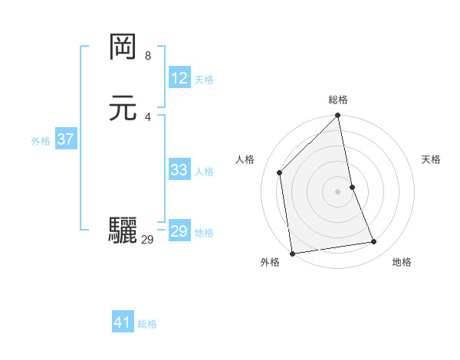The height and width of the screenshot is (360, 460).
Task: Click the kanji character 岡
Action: [123, 48]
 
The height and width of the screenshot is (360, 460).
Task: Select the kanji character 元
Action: [123, 108]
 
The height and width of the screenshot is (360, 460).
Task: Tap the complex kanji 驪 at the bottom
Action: [123, 230]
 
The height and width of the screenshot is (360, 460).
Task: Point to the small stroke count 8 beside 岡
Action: [148, 56]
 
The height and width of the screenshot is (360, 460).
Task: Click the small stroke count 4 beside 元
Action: [148, 116]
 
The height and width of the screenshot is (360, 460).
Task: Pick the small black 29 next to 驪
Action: [148, 240]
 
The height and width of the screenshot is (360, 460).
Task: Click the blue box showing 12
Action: [179, 78]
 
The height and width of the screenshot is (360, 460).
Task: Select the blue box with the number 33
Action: [179, 170]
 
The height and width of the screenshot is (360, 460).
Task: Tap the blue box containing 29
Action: [179, 231]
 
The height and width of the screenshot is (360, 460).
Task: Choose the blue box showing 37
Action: [65, 139]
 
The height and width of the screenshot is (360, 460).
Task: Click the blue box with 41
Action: [123, 322]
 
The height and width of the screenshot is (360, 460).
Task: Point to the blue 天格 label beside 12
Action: [204, 80]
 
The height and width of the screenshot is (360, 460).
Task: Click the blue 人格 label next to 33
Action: [204, 172]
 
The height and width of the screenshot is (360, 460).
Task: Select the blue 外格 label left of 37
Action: [41, 141]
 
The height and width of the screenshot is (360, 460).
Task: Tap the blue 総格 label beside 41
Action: [147, 324]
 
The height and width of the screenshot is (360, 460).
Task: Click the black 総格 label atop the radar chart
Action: [338, 100]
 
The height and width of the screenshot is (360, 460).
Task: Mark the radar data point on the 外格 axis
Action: [292, 253]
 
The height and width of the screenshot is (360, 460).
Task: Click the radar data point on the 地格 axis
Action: [374, 242]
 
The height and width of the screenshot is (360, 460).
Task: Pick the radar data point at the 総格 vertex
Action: [338, 116]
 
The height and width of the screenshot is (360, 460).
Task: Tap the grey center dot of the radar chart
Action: [338, 191]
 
